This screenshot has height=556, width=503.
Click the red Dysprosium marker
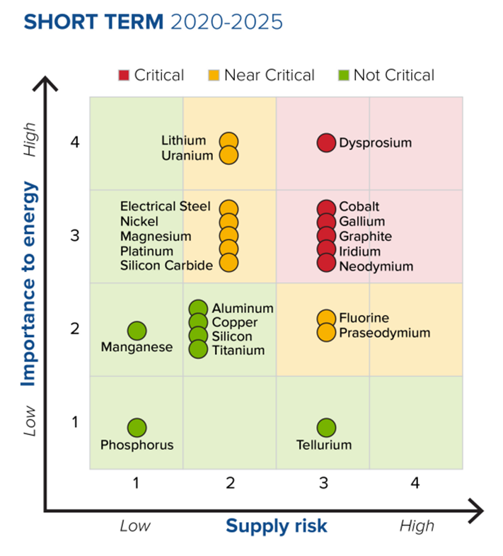[325, 143]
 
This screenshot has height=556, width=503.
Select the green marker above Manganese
[137, 331]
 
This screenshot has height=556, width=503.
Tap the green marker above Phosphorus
[137, 428]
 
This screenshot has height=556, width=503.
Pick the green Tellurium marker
[325, 428]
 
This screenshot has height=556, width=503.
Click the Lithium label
[183, 140]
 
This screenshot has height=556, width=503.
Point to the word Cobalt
[359, 207]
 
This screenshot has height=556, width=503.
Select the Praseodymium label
[384, 333]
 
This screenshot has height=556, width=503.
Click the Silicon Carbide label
[166, 266]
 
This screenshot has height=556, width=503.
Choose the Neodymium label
[376, 266]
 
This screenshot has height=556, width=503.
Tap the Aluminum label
[243, 309]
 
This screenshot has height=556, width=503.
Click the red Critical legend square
[124, 75]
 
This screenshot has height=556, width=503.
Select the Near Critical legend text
[269, 75]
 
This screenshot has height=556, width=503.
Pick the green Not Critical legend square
[343, 75]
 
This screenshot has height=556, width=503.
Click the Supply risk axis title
[277, 526]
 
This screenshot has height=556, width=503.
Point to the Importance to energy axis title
[28, 283]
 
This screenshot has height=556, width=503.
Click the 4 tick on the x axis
[415, 484]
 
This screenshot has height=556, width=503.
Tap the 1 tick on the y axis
[75, 422]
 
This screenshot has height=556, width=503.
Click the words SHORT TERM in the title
[93, 21]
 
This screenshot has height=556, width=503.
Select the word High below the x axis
[417, 526]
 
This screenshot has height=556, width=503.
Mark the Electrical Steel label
[166, 207]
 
